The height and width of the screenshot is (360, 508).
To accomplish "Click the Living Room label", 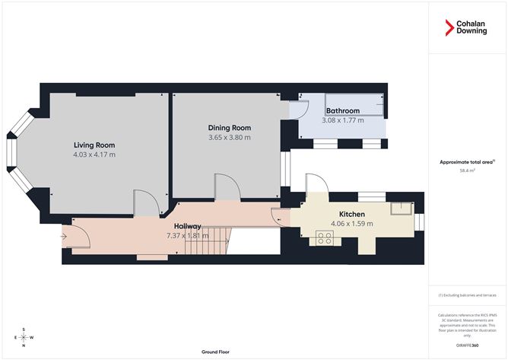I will coord(94,145).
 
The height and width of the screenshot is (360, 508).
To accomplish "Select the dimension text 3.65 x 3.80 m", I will coord(229,137).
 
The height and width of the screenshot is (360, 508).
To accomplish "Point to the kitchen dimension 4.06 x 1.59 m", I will coord(352,224).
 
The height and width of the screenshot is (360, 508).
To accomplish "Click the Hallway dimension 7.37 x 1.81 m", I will coord(186,236).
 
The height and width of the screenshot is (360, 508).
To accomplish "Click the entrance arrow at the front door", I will coord(62,235).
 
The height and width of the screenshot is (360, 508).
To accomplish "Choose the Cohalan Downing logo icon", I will coord(449,29).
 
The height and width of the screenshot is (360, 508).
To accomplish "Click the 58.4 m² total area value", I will coord(467,171).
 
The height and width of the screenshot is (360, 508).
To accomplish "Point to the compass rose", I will coord(24,337).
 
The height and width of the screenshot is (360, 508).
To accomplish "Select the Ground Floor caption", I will coord(215,352).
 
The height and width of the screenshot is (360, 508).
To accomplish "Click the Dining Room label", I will coord(229,127).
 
